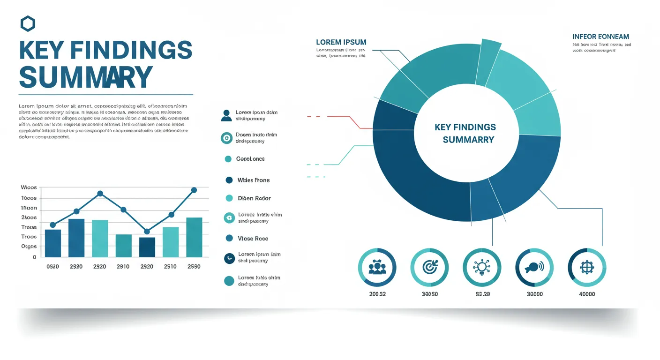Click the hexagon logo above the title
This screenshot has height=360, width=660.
[28, 23]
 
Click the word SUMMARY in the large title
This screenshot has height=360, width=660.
[86, 77]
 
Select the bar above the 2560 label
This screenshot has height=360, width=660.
[194, 237]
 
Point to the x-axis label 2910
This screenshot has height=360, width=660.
[123, 266]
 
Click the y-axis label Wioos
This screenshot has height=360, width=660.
[29, 187]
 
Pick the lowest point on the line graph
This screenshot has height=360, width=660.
[147, 231]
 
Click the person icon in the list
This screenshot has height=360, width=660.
[226, 115]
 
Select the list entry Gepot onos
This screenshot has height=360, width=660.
[250, 159]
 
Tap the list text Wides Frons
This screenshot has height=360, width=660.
[254, 180]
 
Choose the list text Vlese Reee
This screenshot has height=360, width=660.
[253, 239]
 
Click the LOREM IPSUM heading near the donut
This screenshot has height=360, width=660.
[341, 42]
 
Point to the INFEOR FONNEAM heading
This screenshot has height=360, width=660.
[600, 37]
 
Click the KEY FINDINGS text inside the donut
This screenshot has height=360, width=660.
[465, 127]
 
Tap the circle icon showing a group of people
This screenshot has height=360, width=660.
[377, 267]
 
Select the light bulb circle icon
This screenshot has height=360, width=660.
[482, 267]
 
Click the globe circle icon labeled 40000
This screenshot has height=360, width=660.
[587, 267]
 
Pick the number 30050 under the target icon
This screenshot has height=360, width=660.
[429, 294]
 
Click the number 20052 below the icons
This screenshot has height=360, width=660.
[377, 294]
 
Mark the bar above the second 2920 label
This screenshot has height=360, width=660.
[147, 247]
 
